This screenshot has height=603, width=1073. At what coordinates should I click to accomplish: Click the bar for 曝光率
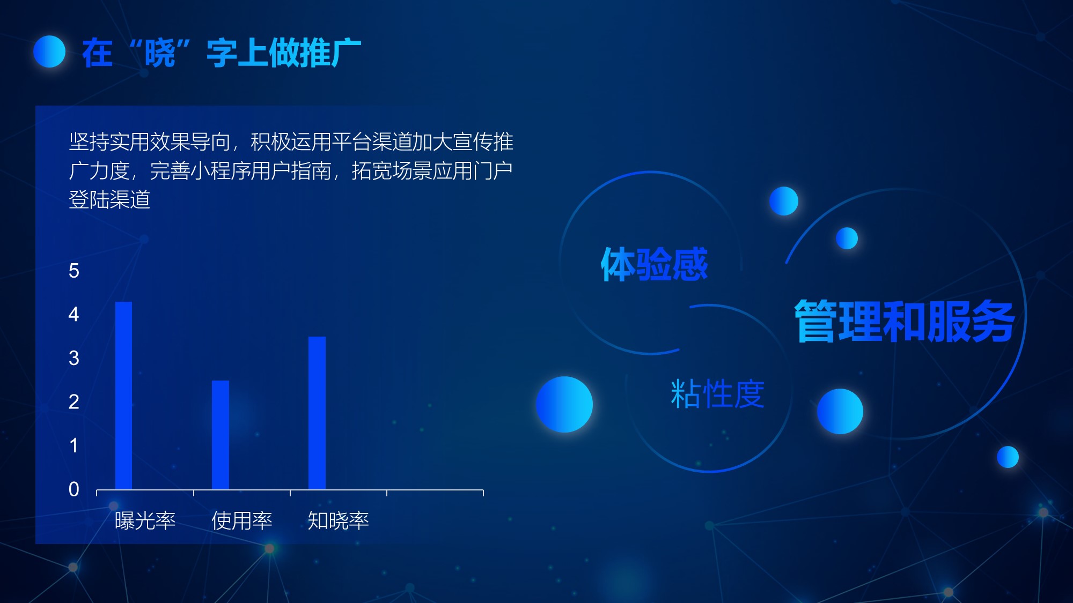[123, 396]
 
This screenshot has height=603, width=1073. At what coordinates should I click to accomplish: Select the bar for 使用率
[221, 435]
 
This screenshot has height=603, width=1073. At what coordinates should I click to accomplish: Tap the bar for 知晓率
[317, 413]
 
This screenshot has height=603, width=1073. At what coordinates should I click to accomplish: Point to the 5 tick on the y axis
[74, 271]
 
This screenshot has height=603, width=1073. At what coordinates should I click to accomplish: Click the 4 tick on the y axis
[74, 314]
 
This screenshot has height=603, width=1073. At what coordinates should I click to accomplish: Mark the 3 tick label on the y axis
[74, 358]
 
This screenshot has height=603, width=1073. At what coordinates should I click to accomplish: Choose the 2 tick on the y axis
[74, 401]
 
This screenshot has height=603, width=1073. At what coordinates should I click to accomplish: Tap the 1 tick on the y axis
[74, 445]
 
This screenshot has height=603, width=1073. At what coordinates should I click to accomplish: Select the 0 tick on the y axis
[74, 489]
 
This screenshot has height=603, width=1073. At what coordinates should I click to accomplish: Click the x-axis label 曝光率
[145, 520]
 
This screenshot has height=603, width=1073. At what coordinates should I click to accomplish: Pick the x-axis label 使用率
[242, 520]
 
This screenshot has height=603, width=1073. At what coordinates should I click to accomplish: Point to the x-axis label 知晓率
[339, 520]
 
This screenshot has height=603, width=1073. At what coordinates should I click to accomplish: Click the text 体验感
[655, 264]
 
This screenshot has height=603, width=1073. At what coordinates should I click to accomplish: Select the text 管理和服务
[905, 321]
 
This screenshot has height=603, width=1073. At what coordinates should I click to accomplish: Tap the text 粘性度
[717, 394]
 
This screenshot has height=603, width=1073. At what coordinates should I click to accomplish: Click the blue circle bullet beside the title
[49, 51]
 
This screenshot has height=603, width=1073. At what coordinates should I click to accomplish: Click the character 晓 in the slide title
[160, 53]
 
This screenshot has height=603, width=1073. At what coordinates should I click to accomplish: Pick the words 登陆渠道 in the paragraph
[109, 200]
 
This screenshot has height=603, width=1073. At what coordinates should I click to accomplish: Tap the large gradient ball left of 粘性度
[564, 404]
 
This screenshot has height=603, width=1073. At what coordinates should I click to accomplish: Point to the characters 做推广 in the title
[315, 53]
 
